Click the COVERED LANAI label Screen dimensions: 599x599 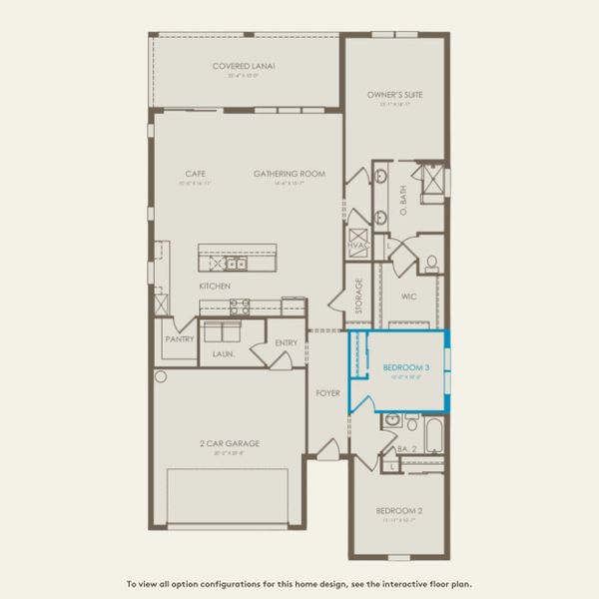244,67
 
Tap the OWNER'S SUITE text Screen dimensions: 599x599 394,95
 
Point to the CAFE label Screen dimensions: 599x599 181,174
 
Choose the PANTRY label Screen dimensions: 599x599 180,338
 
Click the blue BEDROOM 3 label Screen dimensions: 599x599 406,368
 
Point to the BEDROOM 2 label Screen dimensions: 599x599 398,511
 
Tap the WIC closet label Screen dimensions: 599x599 407,297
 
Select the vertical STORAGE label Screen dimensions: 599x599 358,297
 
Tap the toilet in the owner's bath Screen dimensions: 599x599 432,264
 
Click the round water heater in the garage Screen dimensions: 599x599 160,376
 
